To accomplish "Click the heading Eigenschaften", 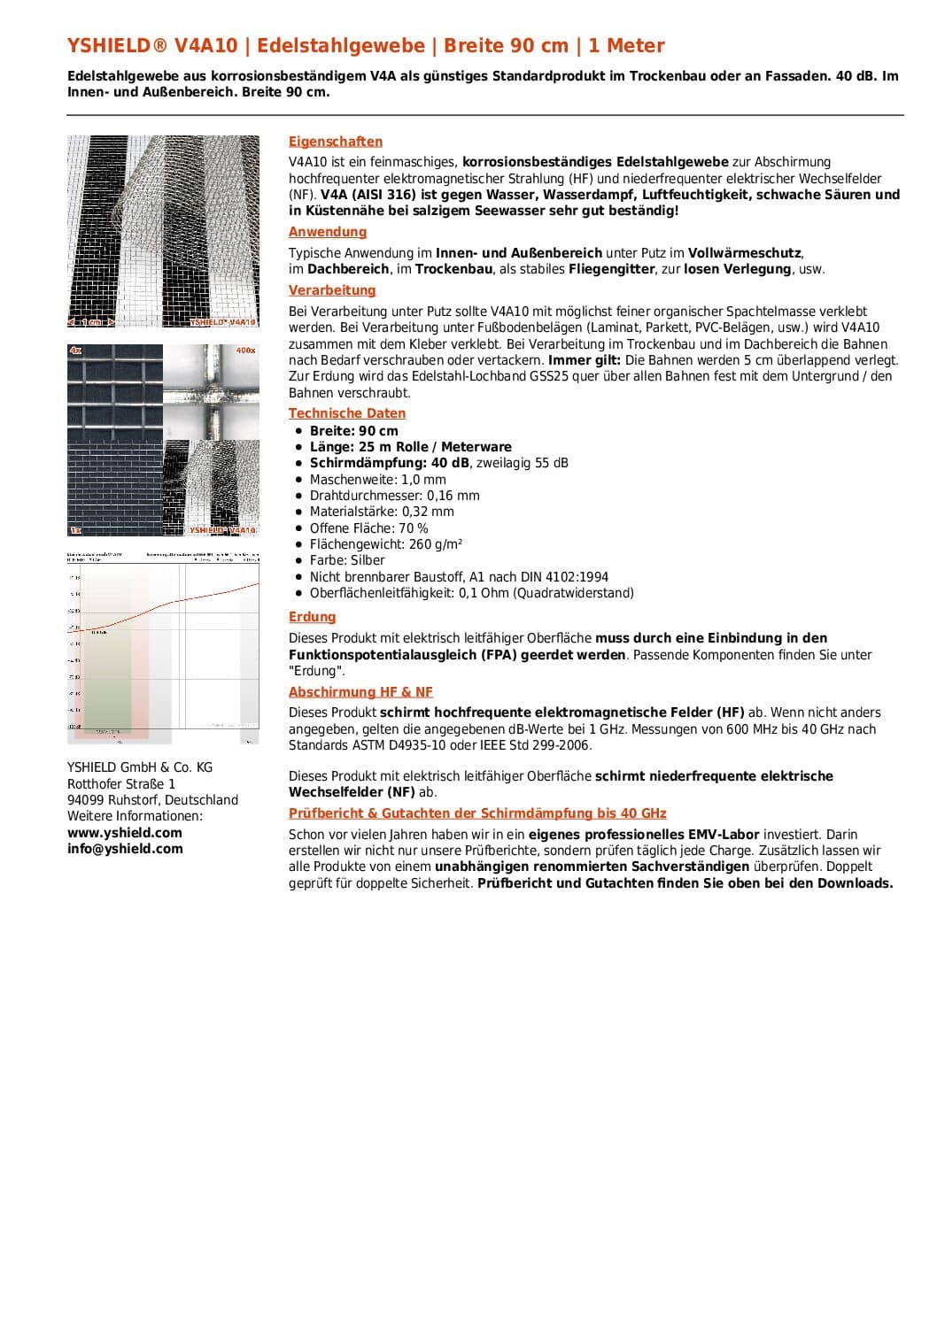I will pos(336,142).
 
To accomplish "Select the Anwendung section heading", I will pos(328,232).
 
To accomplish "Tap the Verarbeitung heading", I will pos(332,290).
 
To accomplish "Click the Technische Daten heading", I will pos(347,413).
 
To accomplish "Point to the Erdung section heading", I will pos(312,617).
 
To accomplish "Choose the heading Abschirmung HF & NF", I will pos(360,692).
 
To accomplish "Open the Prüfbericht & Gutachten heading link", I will pos(477,813).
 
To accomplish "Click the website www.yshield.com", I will pos(125,833).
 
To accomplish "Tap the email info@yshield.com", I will pos(125,849).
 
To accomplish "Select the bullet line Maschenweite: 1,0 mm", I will pos(377,480).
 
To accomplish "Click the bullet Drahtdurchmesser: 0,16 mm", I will pos(394,496).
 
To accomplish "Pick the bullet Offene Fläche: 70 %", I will pos(368,528).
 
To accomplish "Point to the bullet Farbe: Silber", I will pos(347,560).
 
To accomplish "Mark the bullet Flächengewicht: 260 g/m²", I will pos(385,544).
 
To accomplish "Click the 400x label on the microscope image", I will pos(245,351).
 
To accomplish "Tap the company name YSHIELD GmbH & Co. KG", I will pos(140,767).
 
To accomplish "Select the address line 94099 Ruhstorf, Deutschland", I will pos(152,800).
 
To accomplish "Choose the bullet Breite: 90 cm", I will pos(353,431).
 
